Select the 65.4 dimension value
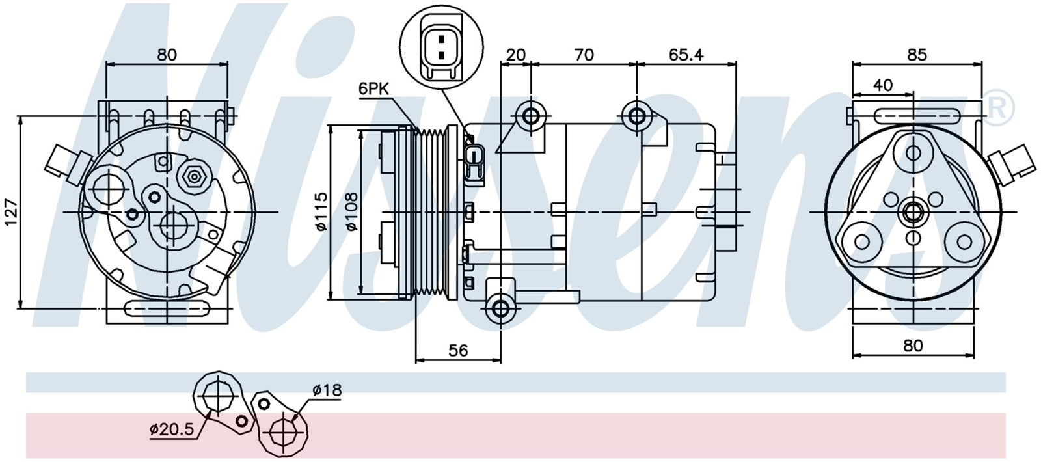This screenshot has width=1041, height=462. tap(686, 55)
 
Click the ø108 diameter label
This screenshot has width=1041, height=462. tap(351, 211)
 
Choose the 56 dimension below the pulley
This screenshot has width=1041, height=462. tap(458, 351)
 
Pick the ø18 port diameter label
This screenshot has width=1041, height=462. tap(327, 390)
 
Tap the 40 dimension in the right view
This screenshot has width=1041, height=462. tap(883, 85)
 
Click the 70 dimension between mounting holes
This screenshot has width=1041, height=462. tap(584, 55)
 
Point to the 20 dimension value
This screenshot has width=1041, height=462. tap(515, 55)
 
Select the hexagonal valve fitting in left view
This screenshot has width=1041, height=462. tap(194, 176)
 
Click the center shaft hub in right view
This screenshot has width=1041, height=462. tap(913, 212)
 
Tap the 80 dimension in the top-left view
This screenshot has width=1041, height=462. tap(167, 55)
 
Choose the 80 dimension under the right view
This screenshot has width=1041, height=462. tap(913, 346)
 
